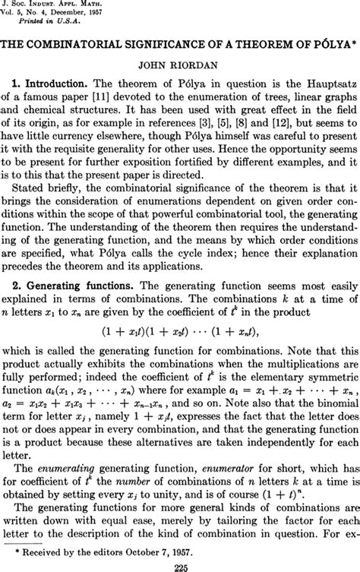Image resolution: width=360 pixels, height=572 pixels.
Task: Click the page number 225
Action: tap(180, 564)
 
